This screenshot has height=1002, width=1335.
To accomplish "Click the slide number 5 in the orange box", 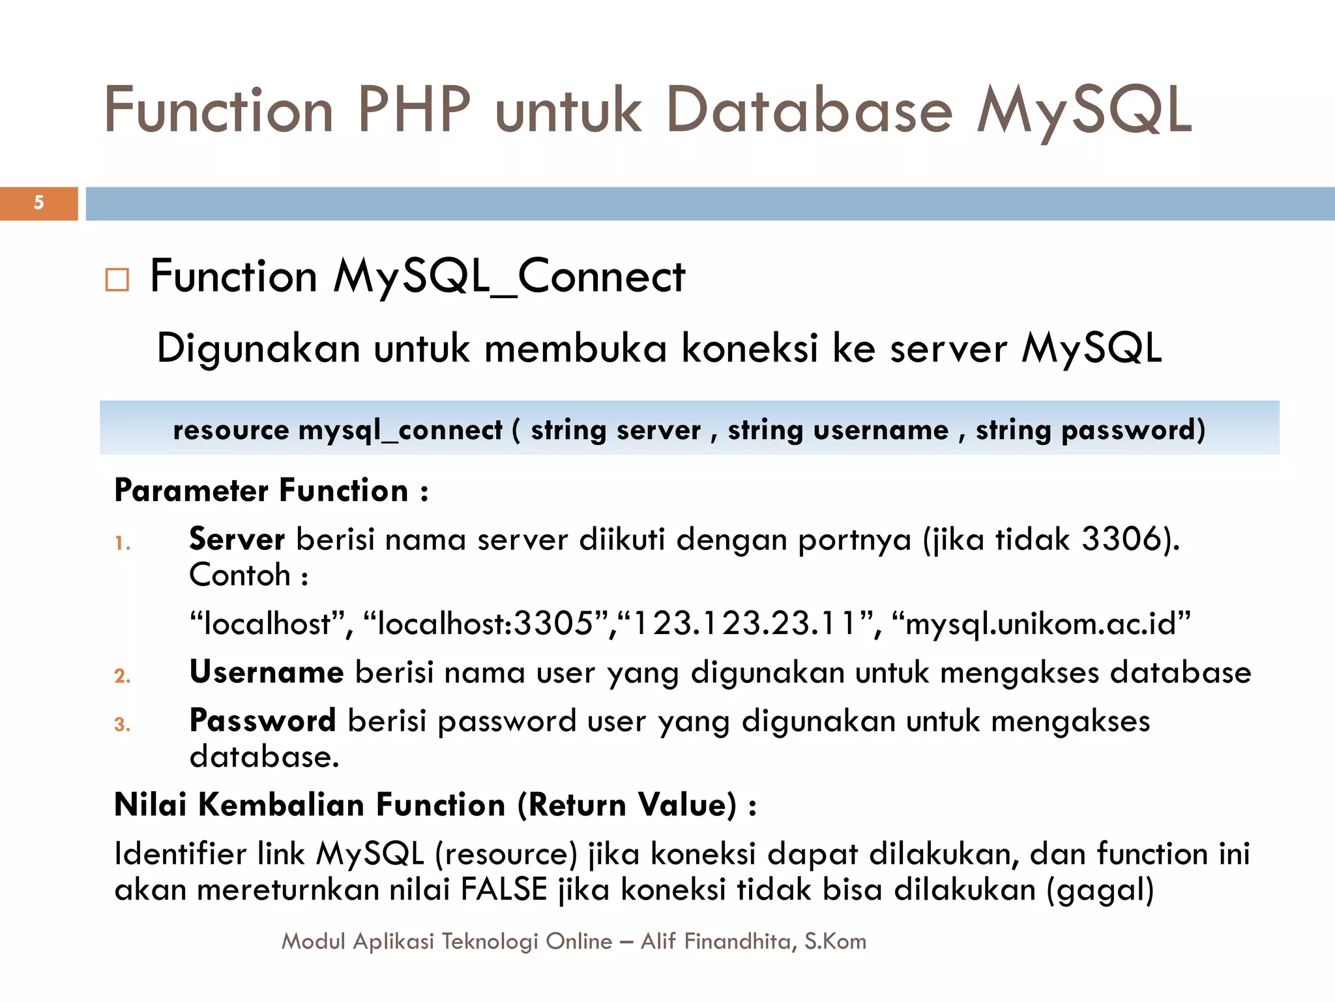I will pyautogui.click(x=39, y=202).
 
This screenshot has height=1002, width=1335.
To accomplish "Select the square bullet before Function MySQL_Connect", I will pyautogui.click(x=117, y=280).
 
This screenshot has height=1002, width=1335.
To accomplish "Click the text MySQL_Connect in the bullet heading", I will pyautogui.click(x=509, y=277).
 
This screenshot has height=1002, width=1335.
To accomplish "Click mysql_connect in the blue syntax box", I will pyautogui.click(x=400, y=430).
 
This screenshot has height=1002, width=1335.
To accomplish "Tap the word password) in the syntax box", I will pyautogui.click(x=1134, y=430).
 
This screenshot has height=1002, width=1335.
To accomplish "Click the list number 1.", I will pyautogui.click(x=122, y=543).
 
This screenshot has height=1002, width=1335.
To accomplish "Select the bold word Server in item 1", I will pyautogui.click(x=237, y=539).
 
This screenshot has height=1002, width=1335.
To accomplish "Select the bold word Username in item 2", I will pyautogui.click(x=266, y=672).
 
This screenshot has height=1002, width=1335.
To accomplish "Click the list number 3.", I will pyautogui.click(x=122, y=724).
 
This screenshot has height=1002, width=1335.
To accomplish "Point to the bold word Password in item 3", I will pyautogui.click(x=262, y=721).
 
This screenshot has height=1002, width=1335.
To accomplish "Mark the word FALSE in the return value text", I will pyautogui.click(x=504, y=889).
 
